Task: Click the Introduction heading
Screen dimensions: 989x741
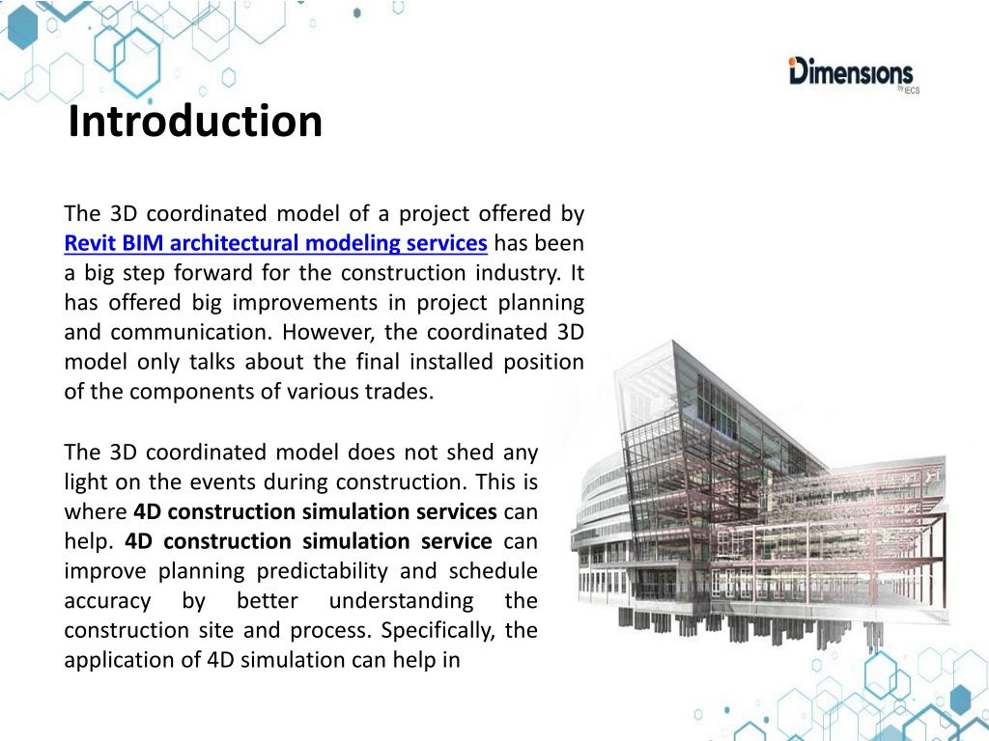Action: point(195,121)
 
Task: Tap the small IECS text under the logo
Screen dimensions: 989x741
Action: point(911,90)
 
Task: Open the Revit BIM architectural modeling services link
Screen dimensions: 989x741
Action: point(275,243)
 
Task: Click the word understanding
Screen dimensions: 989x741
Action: point(401,600)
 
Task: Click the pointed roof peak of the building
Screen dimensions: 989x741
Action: point(673,343)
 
